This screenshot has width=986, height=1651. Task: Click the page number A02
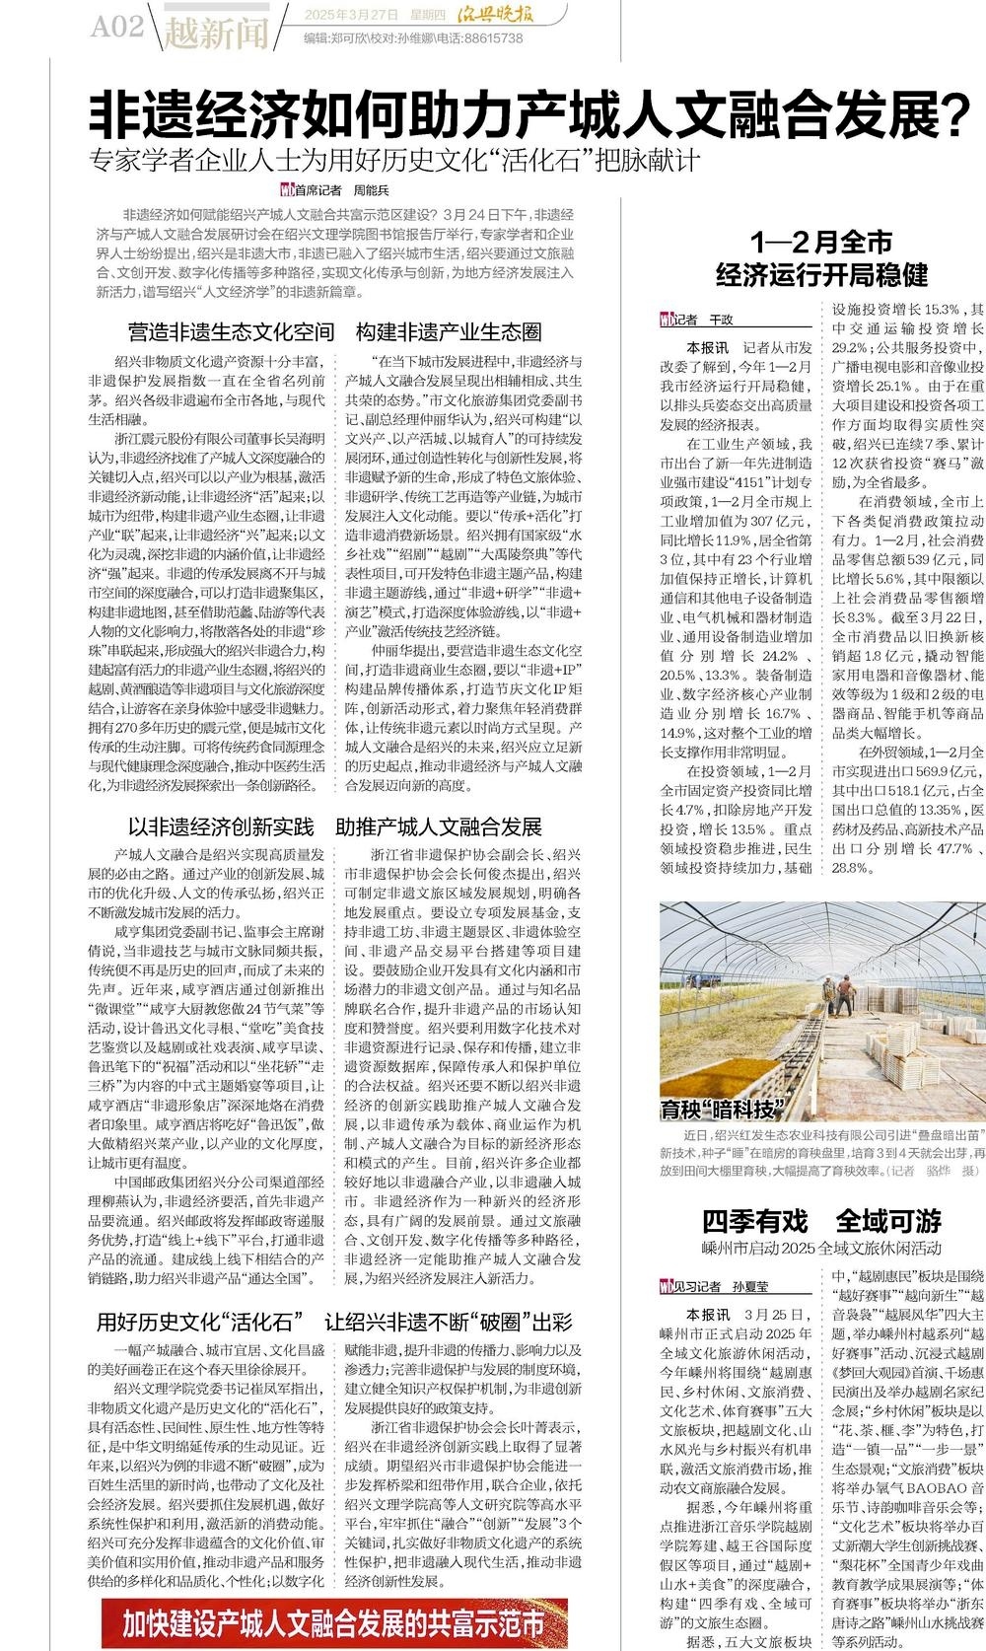(117, 27)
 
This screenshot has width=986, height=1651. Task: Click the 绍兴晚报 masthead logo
(529, 16)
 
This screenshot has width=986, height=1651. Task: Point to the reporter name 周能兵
(373, 190)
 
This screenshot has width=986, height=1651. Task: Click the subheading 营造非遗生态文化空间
(232, 331)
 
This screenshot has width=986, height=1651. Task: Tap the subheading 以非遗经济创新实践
(222, 825)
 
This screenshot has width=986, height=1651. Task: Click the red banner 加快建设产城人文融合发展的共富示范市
(334, 1622)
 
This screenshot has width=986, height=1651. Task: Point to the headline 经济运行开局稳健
(821, 273)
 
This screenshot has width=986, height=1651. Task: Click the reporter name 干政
(723, 320)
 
